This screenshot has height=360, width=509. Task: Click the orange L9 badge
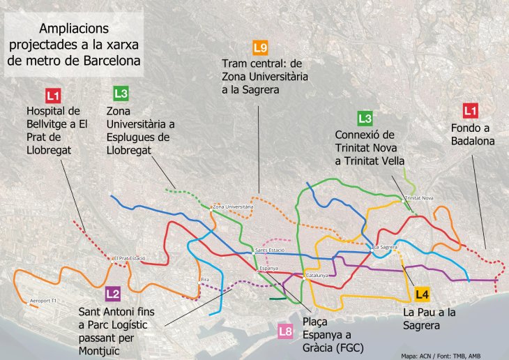[x=260, y=47]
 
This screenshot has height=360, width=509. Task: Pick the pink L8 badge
[x=284, y=331]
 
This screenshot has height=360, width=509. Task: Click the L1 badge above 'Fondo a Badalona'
[x=471, y=110]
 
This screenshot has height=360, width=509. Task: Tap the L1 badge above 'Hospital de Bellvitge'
[x=52, y=96]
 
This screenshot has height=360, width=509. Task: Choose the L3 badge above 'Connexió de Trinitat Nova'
[x=365, y=118]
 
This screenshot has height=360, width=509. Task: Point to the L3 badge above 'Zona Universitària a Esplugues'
[x=121, y=93]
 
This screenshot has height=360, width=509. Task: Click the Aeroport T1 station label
[x=45, y=301]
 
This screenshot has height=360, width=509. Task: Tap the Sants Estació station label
[x=270, y=250]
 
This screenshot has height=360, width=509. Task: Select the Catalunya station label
[x=317, y=275]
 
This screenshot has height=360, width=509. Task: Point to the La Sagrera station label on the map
[x=386, y=247]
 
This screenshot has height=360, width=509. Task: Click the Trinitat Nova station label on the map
[x=419, y=198]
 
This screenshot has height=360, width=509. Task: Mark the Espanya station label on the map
[x=268, y=268]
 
